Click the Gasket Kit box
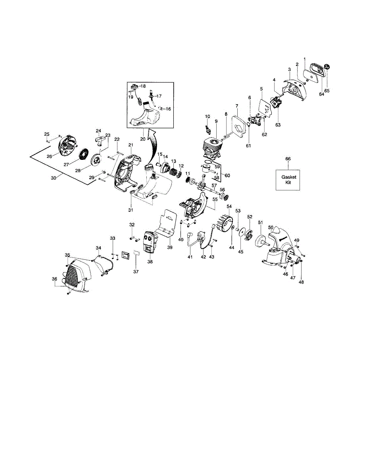tap(288, 180)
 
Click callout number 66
tap(288, 159)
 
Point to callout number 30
tap(54, 178)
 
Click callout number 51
tap(261, 223)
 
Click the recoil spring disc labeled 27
tap(84, 154)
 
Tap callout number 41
tap(190, 257)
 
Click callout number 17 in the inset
tap(158, 96)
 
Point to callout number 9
tap(216, 121)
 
